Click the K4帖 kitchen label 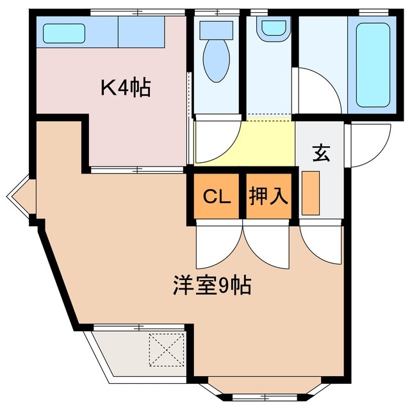[125, 88]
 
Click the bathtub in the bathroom [372, 64]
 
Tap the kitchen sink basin [64, 33]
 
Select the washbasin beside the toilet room [275, 27]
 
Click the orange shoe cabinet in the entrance [310, 193]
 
